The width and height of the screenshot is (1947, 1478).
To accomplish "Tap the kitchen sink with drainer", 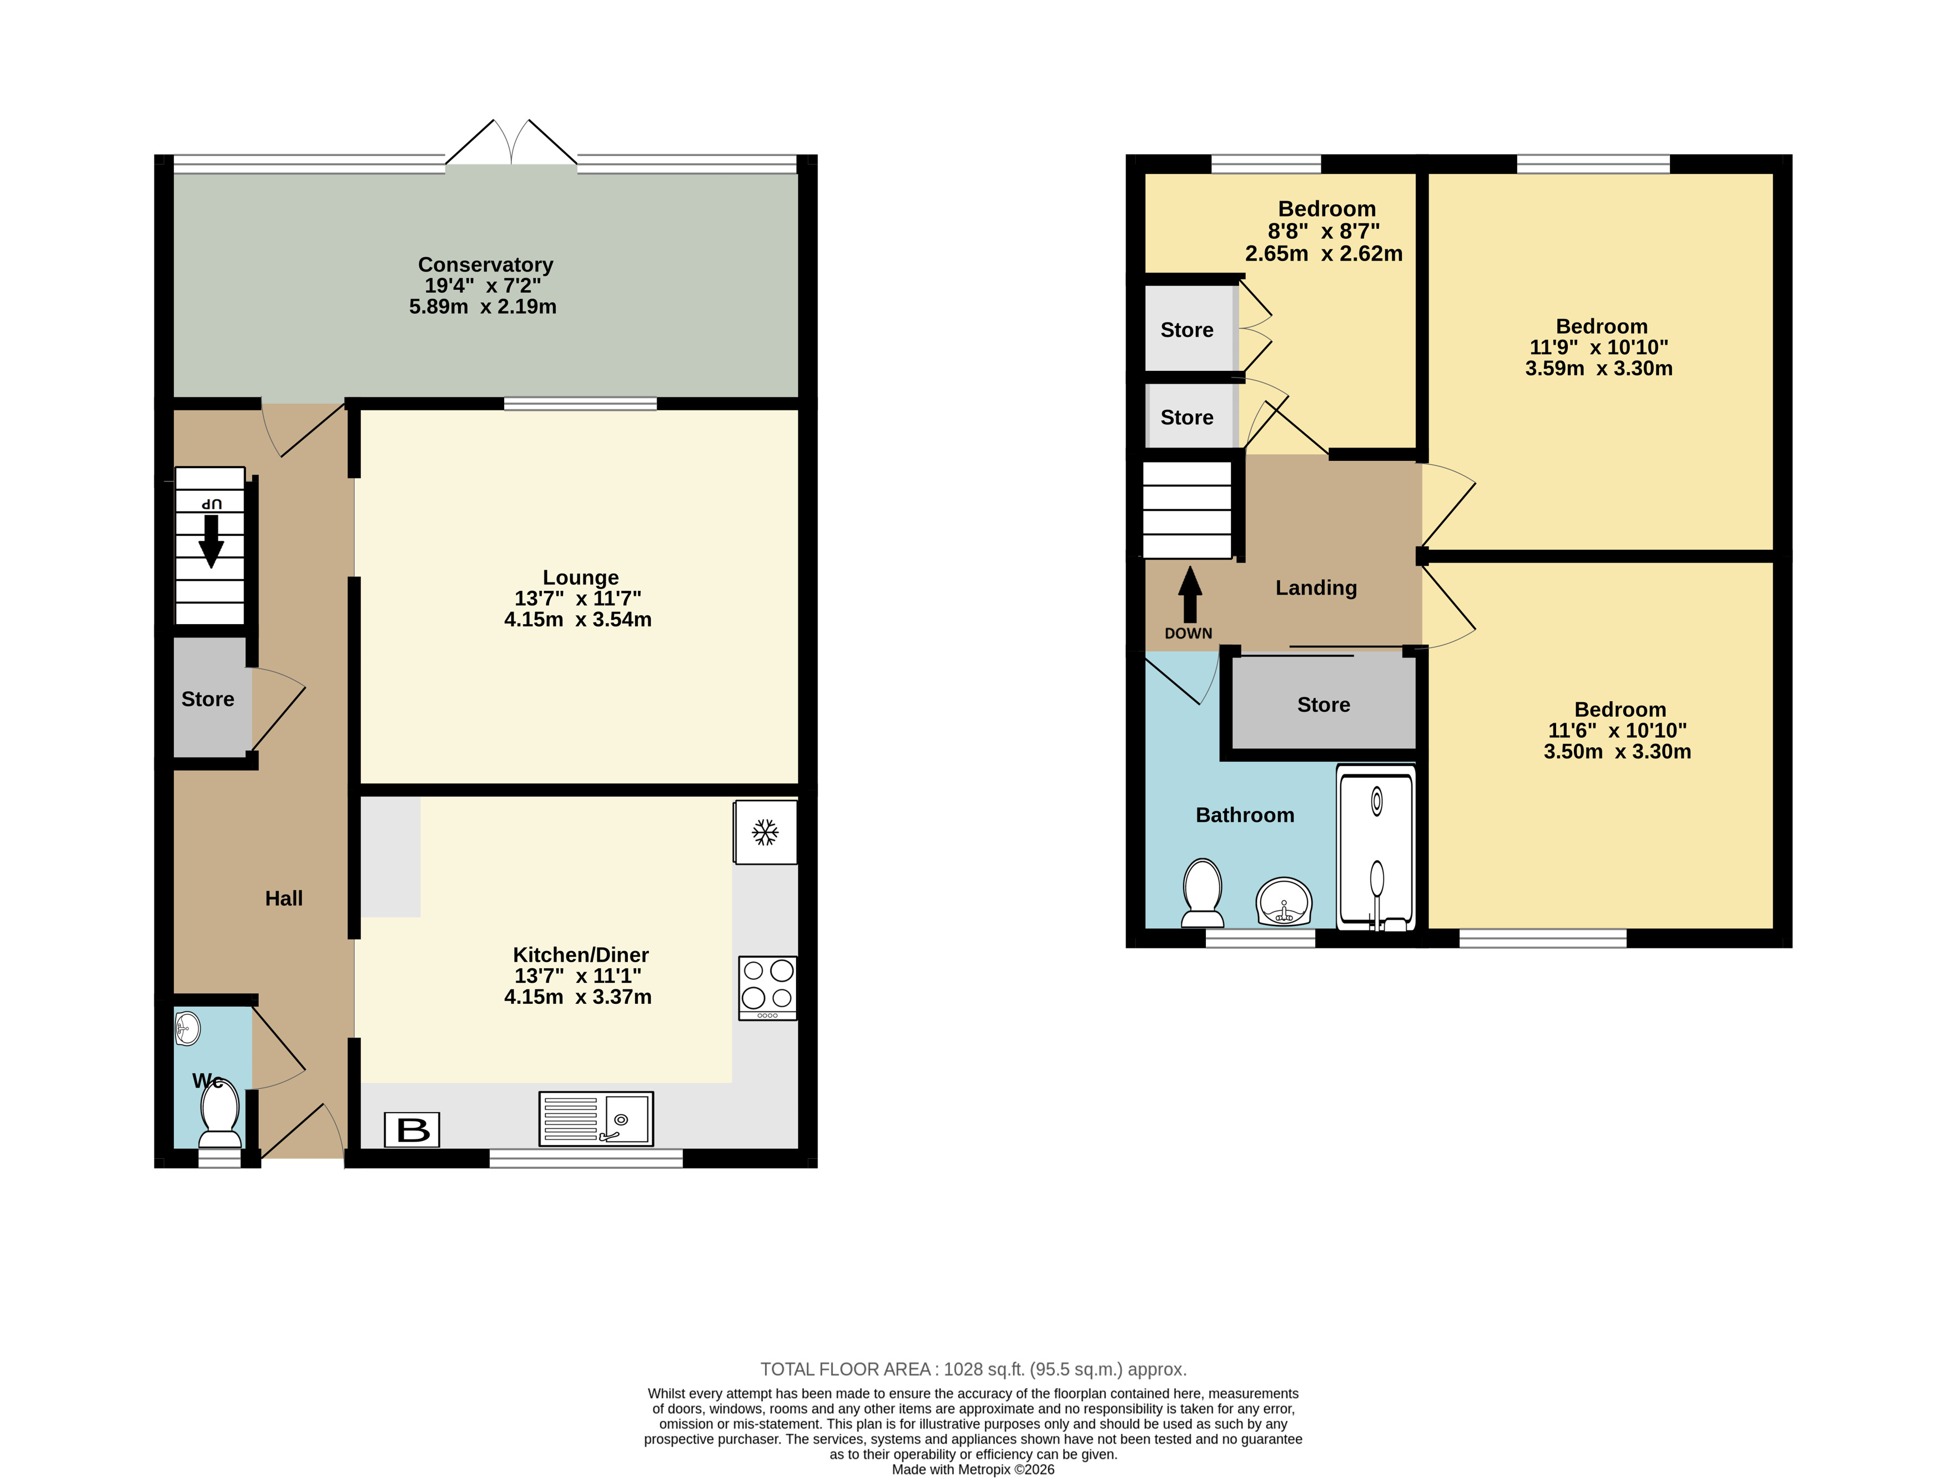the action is (596, 1118).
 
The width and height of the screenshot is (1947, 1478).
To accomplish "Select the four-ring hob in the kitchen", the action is (768, 988).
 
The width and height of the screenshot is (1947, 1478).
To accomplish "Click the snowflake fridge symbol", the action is (765, 832).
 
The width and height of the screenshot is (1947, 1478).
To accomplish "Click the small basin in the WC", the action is (188, 1028).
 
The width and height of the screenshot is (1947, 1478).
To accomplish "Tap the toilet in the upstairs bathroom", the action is (1203, 893).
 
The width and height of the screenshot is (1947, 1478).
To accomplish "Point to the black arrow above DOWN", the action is (1190, 595).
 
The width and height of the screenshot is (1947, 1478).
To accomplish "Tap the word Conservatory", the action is (486, 264).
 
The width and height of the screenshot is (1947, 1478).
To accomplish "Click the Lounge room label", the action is (581, 577).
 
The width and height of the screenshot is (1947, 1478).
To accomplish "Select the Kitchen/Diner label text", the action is (581, 955).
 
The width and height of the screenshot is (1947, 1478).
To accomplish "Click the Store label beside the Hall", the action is (208, 699).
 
